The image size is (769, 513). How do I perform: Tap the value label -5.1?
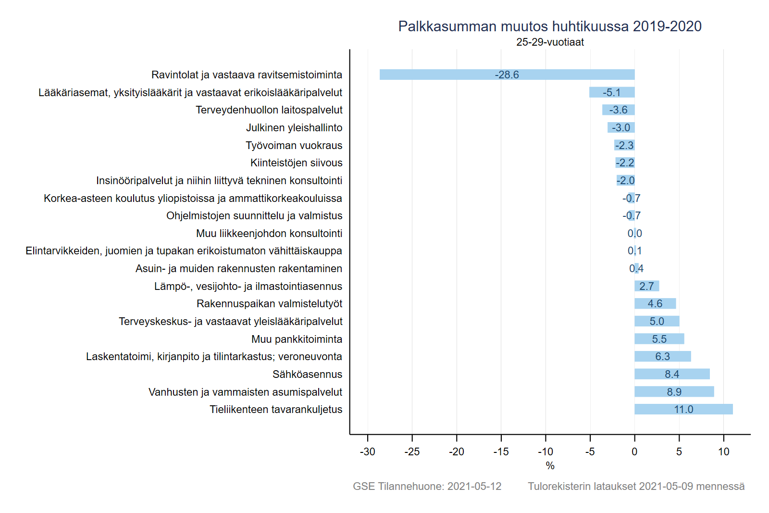coord(612,92)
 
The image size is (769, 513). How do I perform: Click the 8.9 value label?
coord(674,392)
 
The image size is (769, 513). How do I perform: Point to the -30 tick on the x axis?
coord(368,451)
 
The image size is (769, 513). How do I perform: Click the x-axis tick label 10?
coord(723,451)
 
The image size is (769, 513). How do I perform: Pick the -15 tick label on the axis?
coord(501,451)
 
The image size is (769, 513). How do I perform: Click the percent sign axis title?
coord(550,465)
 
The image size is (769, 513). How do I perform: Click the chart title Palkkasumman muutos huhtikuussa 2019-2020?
coord(550,26)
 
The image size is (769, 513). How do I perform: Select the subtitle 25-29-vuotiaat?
coord(550,42)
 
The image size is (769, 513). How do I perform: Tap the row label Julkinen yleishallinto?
coord(294,127)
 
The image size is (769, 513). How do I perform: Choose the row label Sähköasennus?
coord(307,374)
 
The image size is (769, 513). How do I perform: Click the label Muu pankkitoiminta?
coord(297,339)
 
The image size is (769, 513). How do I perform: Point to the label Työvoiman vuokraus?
coord(294,145)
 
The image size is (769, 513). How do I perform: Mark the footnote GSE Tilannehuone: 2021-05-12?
coord(427,486)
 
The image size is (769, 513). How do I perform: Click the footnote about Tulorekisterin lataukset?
coord(636,486)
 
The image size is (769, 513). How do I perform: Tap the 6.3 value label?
coord(662,356)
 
